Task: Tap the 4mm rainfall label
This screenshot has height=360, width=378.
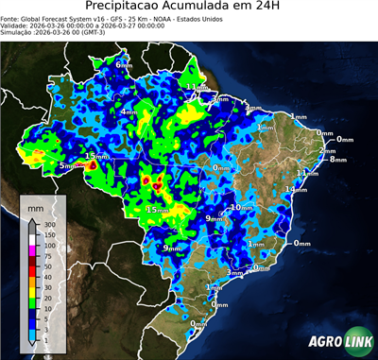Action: click(x=129, y=111)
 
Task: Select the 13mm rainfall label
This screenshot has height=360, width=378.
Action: click(x=97, y=156)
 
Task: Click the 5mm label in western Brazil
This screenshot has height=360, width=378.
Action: click(x=68, y=166)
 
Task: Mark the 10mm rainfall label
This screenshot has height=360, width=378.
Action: click(x=242, y=207)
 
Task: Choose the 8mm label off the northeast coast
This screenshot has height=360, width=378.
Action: click(x=337, y=160)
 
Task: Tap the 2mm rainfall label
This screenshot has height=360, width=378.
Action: click(x=328, y=151)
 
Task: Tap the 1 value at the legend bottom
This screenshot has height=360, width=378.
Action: click(x=46, y=338)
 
